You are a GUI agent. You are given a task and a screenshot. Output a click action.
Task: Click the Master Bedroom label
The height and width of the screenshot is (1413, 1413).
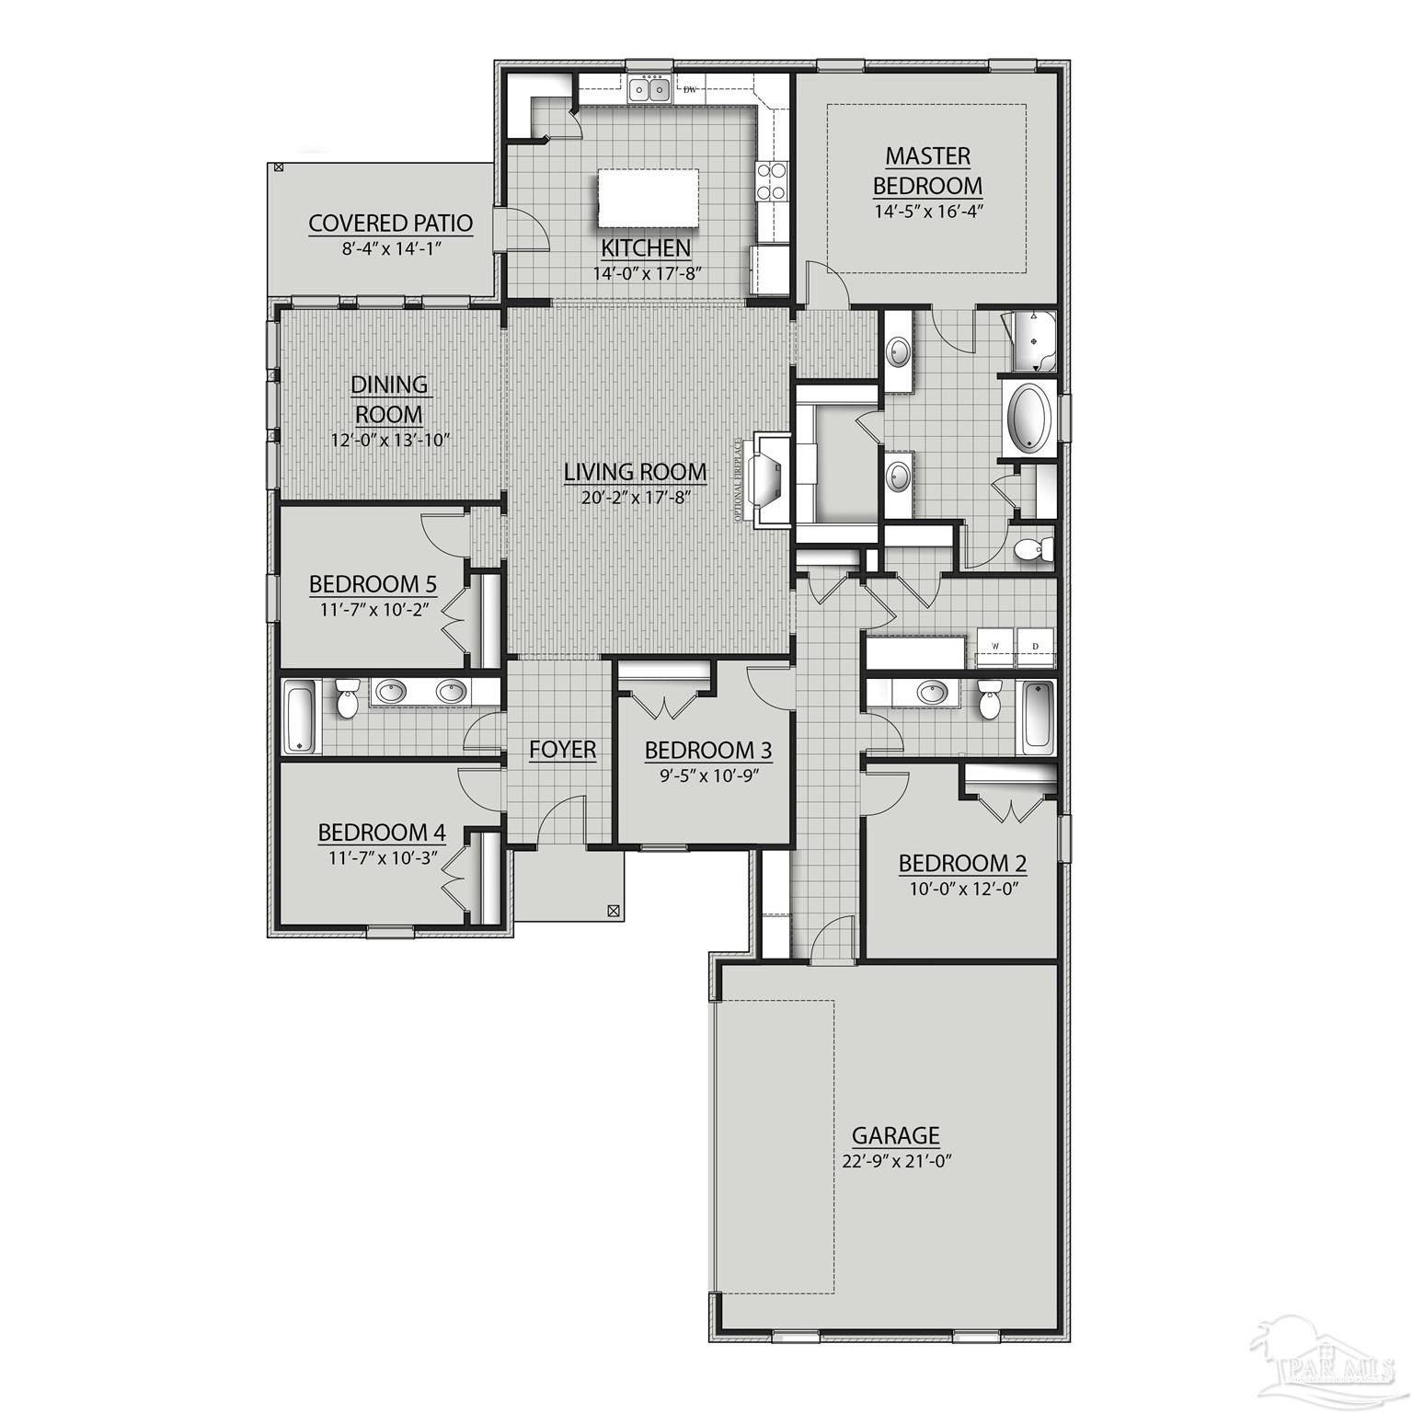tap(927, 170)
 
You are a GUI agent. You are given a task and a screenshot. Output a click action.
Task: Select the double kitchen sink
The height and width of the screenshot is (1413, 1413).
tap(649, 90)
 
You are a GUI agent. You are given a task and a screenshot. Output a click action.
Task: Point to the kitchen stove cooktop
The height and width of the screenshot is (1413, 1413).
tap(771, 181)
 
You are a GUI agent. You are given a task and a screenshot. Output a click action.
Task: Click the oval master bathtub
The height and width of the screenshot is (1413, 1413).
tap(1031, 419)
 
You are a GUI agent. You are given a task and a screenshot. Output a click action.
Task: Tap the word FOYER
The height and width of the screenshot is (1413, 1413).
tap(562, 750)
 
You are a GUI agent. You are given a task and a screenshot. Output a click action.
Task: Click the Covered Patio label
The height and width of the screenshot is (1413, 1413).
tap(390, 223)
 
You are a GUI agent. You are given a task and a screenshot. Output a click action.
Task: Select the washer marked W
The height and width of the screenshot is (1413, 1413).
tap(994, 646)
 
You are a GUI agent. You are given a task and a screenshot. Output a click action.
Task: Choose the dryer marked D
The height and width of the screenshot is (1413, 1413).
tap(1035, 646)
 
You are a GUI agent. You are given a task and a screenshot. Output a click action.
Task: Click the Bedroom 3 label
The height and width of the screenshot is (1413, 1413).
tap(707, 751)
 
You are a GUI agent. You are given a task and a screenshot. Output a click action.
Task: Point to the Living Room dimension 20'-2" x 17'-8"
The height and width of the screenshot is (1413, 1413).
tap(636, 497)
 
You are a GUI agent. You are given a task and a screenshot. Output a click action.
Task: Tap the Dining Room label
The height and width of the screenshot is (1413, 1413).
tap(390, 398)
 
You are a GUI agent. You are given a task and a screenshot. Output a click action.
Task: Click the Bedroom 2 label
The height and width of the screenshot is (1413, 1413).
tap(962, 863)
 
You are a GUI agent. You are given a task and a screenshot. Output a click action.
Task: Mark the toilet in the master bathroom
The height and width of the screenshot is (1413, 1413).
tap(1030, 550)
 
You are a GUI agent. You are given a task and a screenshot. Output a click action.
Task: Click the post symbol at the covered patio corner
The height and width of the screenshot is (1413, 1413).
tap(278, 167)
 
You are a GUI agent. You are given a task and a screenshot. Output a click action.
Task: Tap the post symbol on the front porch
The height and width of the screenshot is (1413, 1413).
tap(613, 912)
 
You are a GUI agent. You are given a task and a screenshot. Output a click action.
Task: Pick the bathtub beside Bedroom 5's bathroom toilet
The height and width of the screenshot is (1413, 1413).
tap(300, 716)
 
